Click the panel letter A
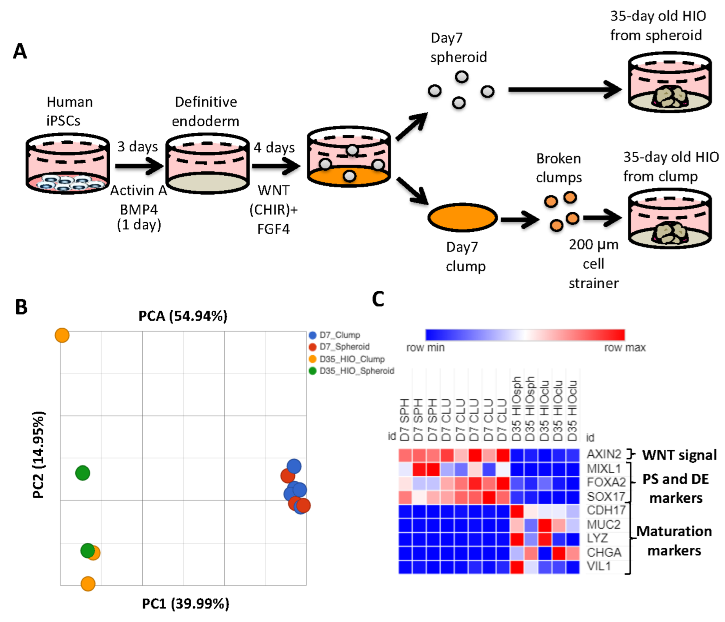tap(20, 51)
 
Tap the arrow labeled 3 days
tap(139, 166)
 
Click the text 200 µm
tap(593, 245)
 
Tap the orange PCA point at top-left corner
tap(62, 335)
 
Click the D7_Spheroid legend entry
tap(344, 347)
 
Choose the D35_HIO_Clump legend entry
tap(351, 359)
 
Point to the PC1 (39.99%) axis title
tap(185, 604)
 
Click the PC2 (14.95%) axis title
tap(38, 455)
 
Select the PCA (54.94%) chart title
tap(183, 316)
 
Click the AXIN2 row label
tap(604, 454)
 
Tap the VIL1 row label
tap(599, 566)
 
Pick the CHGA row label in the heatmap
tap(604, 552)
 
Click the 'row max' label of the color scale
tap(625, 347)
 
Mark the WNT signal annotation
tap(679, 455)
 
